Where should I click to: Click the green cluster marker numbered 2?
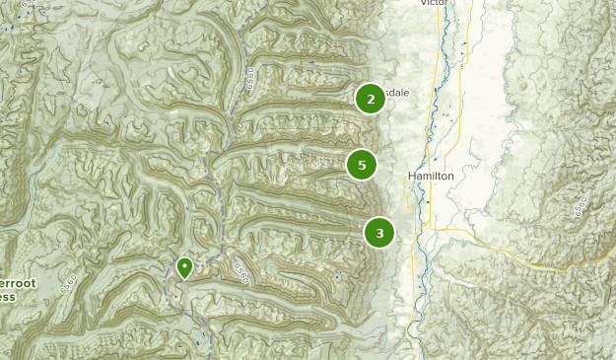[371, 99]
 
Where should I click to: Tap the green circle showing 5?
[363, 165]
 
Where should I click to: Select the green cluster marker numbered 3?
[379, 233]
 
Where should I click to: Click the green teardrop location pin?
[184, 267]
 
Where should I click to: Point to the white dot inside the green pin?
[184, 264]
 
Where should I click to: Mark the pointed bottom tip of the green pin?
[184, 279]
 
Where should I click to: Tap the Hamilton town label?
[430, 175]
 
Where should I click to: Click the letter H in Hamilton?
[411, 175]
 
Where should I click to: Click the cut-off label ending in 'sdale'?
[396, 93]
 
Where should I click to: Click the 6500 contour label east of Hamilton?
[579, 208]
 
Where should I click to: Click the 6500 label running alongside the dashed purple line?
[250, 78]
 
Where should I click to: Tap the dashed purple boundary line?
[219, 187]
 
